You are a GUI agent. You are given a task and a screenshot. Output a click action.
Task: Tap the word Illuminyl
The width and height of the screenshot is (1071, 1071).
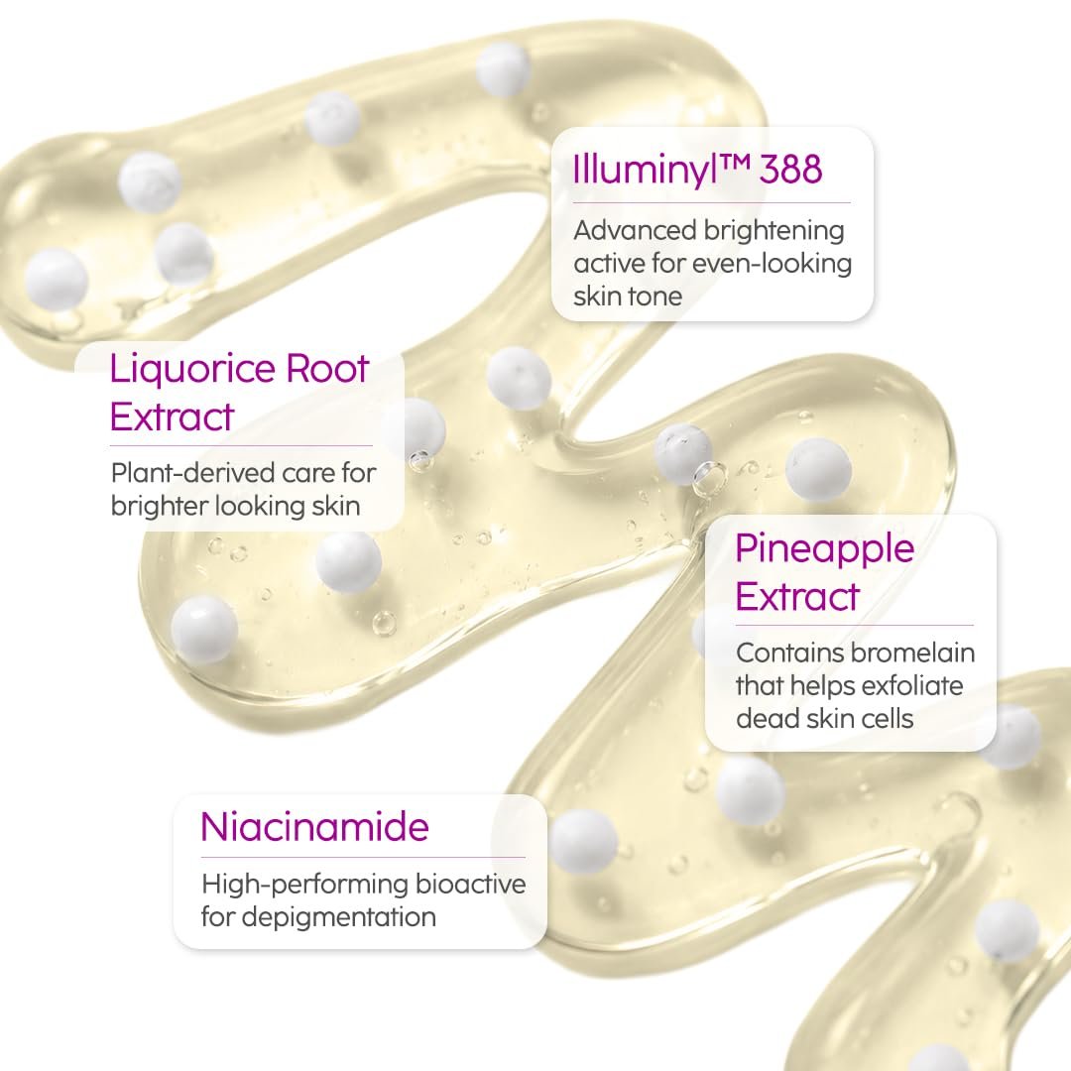[646, 171]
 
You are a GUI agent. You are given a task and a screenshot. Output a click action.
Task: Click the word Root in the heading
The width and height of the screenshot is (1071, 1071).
[328, 369]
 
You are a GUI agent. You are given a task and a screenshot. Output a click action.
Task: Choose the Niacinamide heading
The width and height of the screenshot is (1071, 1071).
[315, 827]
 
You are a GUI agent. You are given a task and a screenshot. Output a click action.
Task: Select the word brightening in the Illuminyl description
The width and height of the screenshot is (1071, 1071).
[773, 232]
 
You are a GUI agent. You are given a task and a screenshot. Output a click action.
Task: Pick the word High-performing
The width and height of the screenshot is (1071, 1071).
[304, 886]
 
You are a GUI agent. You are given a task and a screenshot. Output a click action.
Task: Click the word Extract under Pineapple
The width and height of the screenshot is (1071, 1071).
[796, 596]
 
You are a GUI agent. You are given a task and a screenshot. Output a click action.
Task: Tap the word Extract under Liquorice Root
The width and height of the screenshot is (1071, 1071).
[172, 416]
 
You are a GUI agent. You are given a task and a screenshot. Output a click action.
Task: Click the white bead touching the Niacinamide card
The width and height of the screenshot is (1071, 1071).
[583, 842]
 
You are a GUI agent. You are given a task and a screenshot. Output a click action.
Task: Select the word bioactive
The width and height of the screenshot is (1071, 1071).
[471, 885]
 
